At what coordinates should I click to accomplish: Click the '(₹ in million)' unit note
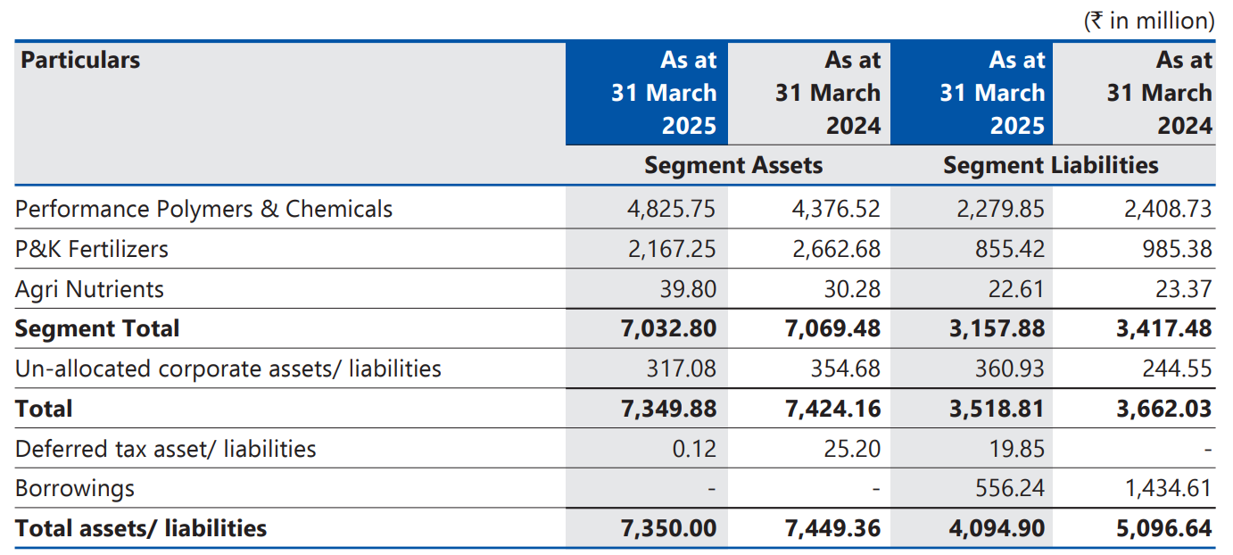click(x=1149, y=21)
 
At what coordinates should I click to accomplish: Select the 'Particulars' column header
click(x=80, y=60)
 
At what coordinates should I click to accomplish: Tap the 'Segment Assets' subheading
click(x=733, y=165)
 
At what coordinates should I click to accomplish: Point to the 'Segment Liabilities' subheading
click(x=1050, y=165)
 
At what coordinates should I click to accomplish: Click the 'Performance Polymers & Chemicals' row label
click(x=203, y=209)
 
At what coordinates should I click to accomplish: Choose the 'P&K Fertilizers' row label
click(x=91, y=249)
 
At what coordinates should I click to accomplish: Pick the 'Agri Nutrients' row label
click(x=89, y=289)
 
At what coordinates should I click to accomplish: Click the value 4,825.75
click(x=671, y=209)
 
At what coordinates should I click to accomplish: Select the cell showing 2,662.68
click(x=836, y=249)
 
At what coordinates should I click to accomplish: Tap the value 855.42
click(x=1010, y=249)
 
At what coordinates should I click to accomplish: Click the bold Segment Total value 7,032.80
click(x=668, y=328)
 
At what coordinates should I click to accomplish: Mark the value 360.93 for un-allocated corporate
click(x=1010, y=369)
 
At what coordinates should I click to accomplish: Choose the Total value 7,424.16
click(x=832, y=409)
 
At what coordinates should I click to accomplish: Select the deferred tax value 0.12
click(x=694, y=448)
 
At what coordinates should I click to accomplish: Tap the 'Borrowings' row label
click(x=75, y=488)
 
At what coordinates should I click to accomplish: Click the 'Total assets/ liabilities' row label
click(x=141, y=528)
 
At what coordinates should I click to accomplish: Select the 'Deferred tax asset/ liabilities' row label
click(x=165, y=448)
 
